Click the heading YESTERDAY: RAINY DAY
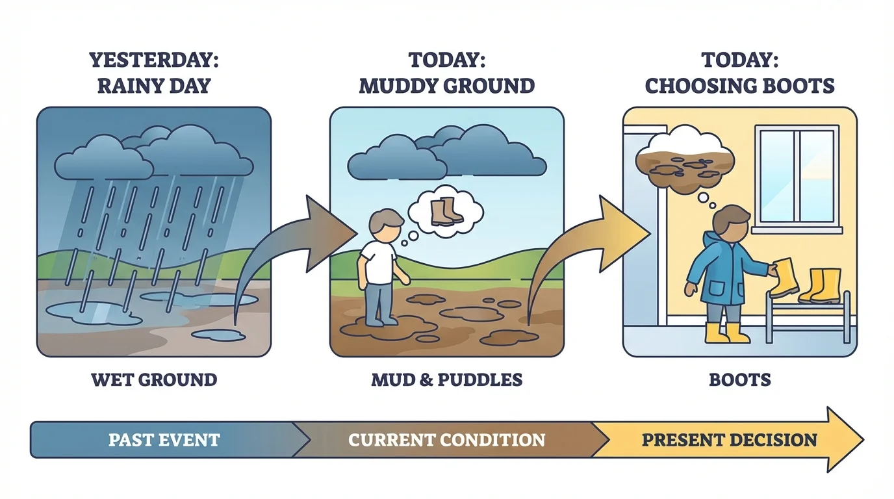pyautogui.click(x=154, y=72)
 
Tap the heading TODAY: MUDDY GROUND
pyautogui.click(x=447, y=72)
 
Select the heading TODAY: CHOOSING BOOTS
pyautogui.click(x=739, y=72)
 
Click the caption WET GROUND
pyautogui.click(x=154, y=379)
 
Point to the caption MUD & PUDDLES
pyautogui.click(x=447, y=379)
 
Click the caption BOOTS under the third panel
pyautogui.click(x=739, y=379)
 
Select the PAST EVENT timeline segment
pyautogui.click(x=164, y=440)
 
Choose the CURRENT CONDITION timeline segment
pyautogui.click(x=446, y=440)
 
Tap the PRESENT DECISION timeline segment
pyautogui.click(x=729, y=440)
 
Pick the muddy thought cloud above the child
pyautogui.click(x=684, y=160)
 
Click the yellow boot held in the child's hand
pyautogui.click(x=784, y=277)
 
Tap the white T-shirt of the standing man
pyautogui.click(x=378, y=262)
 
